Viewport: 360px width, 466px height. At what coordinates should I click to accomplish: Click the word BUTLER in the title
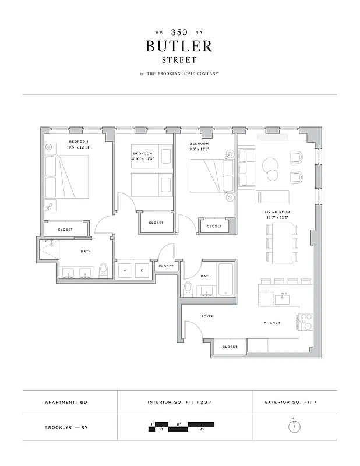(x=179, y=46)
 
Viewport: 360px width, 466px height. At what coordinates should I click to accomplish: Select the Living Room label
(x=277, y=212)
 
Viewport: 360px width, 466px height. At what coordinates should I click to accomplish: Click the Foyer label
(x=207, y=316)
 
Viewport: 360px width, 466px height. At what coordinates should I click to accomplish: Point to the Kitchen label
(x=271, y=323)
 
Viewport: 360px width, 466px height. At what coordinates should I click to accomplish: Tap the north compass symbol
(x=294, y=427)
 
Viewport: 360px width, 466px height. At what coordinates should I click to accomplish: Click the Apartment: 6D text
(x=66, y=402)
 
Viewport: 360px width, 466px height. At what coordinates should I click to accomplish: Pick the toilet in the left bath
(x=103, y=270)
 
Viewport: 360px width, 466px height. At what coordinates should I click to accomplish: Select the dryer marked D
(x=142, y=270)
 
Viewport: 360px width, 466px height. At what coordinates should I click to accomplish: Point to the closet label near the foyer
(x=230, y=347)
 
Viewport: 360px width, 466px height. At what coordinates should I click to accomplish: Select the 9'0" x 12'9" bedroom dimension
(x=199, y=148)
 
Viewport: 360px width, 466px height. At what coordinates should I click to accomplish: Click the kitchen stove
(x=305, y=322)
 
